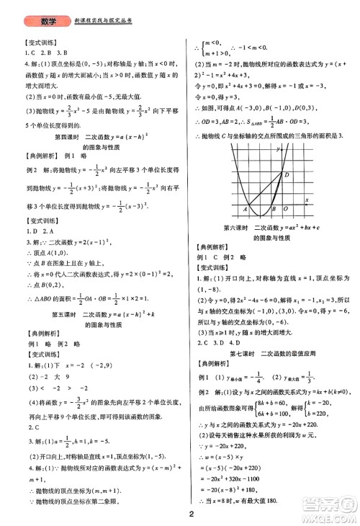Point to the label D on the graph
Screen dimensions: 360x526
pos(287,174)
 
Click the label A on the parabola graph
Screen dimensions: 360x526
pos(246,210)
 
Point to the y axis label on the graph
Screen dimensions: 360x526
pos(277,148)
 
